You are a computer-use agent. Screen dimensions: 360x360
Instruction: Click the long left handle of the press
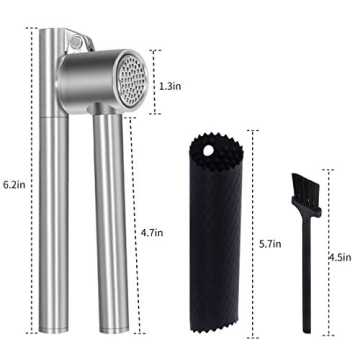48,200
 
